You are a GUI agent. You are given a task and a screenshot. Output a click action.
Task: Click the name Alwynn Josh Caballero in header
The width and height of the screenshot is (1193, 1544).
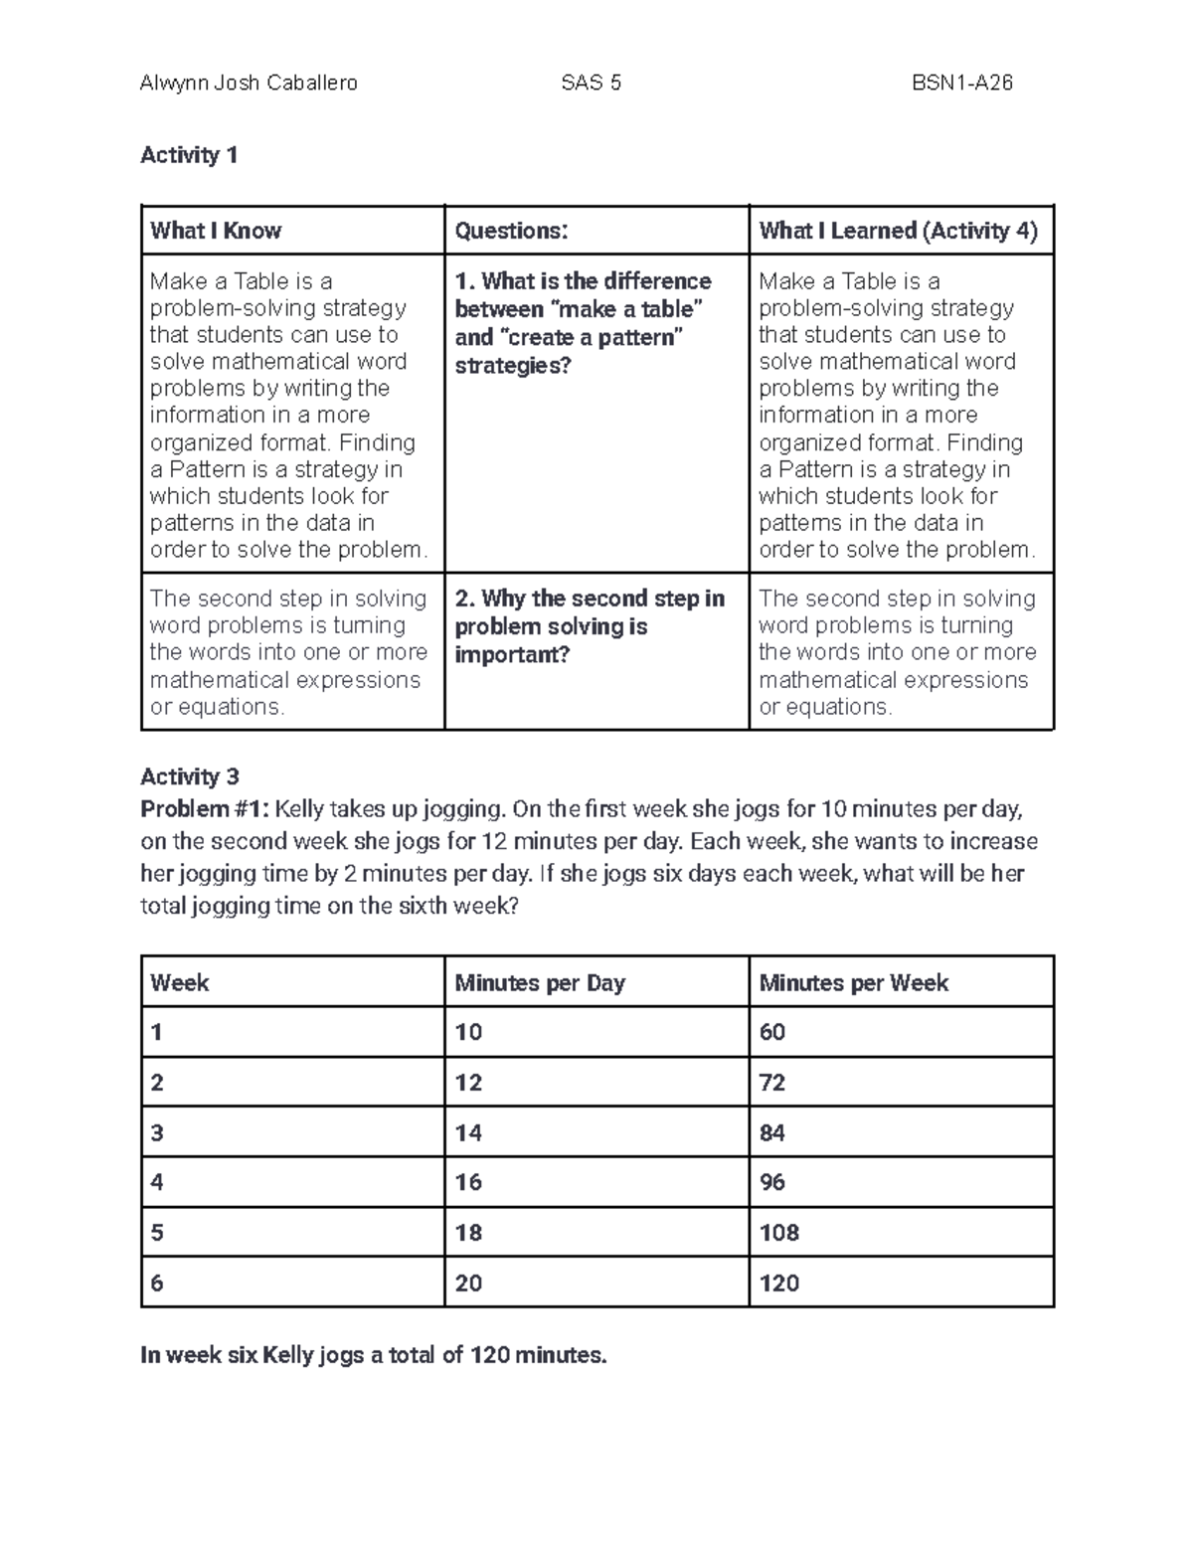coord(249,84)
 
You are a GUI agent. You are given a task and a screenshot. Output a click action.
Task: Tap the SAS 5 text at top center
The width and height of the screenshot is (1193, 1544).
coord(591,84)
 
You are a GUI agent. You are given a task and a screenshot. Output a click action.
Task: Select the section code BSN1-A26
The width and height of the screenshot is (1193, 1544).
coord(961,84)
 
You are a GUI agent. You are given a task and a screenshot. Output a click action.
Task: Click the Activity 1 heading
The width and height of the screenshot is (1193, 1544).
coord(189,155)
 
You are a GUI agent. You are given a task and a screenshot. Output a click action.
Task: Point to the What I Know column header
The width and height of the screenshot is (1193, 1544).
coord(216,231)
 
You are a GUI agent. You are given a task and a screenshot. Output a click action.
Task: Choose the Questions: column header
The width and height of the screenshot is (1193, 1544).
coord(511,231)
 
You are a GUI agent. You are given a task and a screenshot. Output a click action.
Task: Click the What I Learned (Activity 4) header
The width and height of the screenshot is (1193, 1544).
coord(898,231)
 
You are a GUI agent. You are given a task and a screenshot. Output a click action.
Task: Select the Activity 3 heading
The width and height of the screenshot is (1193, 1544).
coord(190,776)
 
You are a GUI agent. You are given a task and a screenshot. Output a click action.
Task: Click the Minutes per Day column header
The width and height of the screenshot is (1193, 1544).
coord(540,983)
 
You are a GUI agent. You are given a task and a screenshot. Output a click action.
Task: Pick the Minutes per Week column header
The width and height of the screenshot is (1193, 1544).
coord(853,983)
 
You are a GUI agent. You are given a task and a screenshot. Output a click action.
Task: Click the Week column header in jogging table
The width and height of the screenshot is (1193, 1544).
coord(180,983)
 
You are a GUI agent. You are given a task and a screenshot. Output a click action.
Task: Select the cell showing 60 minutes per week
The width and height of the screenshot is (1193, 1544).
coord(772,1032)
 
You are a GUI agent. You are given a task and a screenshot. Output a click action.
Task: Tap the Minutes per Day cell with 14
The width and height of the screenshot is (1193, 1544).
coord(468,1132)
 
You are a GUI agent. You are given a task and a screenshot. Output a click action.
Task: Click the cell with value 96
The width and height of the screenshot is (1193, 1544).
coord(772,1182)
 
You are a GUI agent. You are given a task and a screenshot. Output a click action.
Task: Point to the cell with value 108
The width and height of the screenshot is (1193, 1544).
coord(778,1233)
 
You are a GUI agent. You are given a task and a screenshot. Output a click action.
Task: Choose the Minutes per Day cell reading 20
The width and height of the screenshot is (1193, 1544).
coord(468,1284)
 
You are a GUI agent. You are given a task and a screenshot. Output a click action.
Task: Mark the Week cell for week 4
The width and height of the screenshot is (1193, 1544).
coord(157,1182)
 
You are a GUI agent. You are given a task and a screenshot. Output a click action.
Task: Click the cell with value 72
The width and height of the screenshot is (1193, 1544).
coord(772,1083)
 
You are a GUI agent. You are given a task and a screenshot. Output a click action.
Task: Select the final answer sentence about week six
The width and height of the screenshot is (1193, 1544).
coord(373,1355)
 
